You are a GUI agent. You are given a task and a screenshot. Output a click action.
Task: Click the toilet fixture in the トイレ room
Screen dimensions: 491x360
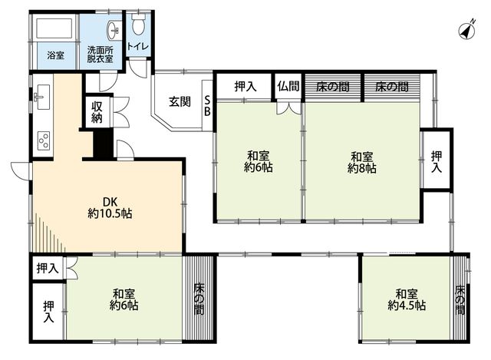click(x=137, y=24)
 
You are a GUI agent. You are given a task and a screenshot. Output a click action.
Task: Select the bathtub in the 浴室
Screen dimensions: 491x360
click(x=54, y=28)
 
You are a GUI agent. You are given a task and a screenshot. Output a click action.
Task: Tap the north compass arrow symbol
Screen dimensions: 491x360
click(x=467, y=31)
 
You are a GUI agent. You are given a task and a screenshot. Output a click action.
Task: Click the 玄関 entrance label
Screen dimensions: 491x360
click(x=180, y=101)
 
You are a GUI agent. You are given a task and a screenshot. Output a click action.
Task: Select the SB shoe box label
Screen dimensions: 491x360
click(x=207, y=106)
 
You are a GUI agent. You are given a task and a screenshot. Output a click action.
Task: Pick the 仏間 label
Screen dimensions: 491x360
click(x=288, y=86)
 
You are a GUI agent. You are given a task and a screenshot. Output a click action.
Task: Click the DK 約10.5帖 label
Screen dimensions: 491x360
click(x=110, y=207)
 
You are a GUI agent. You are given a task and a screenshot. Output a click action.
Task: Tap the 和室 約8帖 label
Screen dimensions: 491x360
click(x=361, y=162)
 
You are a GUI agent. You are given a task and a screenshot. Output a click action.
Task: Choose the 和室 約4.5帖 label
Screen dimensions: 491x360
click(x=407, y=299)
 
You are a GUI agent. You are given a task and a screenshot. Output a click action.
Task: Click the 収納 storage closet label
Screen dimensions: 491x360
click(x=97, y=112)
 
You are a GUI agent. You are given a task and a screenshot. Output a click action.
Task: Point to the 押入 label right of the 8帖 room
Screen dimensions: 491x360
click(x=437, y=161)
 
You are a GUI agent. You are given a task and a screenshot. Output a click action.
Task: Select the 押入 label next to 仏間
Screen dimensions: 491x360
click(x=245, y=86)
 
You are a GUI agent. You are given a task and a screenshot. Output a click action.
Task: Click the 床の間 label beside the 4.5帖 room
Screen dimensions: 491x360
click(x=460, y=299)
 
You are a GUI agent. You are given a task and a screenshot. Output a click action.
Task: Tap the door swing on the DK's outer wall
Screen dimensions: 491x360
click(x=21, y=171)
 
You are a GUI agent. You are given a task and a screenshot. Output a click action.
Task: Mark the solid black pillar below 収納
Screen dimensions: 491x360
click(x=104, y=144)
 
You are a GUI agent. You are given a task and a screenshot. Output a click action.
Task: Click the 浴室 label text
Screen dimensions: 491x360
click(x=56, y=55)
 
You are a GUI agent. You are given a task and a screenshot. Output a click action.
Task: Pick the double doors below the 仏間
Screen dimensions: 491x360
click(x=288, y=107)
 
